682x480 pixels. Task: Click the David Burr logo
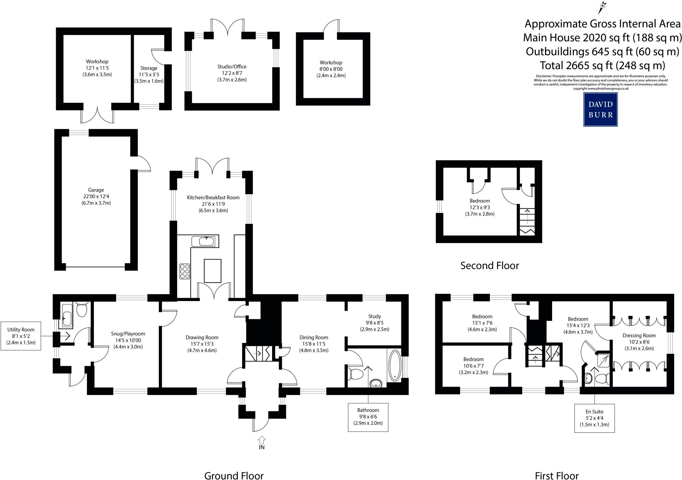tap(600, 109)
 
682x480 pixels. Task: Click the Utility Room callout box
tap(21, 336)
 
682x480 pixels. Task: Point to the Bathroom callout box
tap(368, 417)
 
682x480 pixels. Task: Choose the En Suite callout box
tap(594, 418)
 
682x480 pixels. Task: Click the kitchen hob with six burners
tap(184, 271)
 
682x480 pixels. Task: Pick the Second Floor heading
tap(490, 265)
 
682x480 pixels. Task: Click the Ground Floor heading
tap(234, 476)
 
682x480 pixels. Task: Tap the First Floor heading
tap(557, 476)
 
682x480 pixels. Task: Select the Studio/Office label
tap(232, 67)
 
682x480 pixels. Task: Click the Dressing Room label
tap(639, 336)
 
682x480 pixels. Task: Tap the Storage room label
tap(149, 68)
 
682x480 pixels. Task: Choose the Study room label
tap(375, 316)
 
